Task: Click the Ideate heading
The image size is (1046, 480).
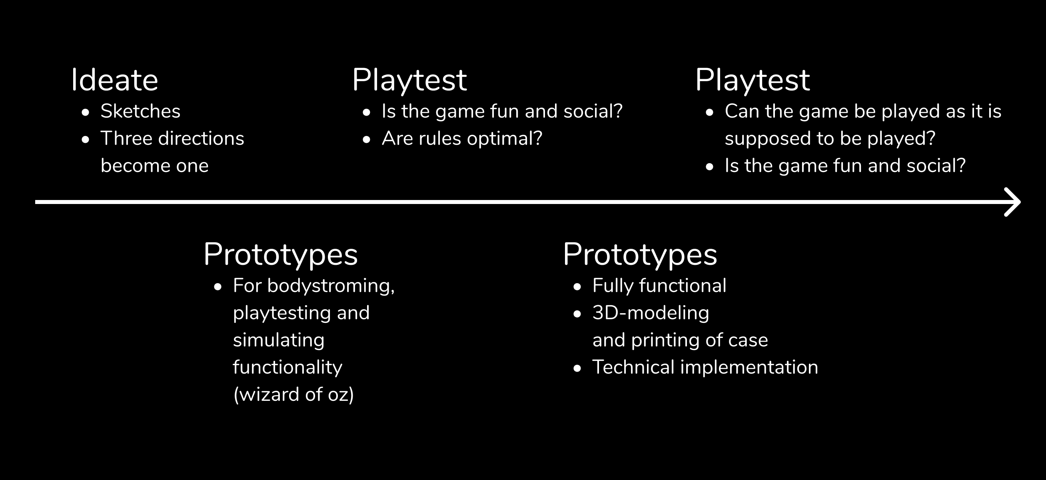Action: [114, 80]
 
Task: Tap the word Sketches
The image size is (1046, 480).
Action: [140, 111]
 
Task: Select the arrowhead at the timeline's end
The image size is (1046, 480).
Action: [1012, 202]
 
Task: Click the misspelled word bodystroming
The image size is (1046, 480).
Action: [331, 286]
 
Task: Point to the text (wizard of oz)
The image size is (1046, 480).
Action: [293, 394]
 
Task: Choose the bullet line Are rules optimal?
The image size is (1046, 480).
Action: [462, 139]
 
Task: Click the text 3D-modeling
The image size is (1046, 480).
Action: [651, 313]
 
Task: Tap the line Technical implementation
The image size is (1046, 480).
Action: [705, 367]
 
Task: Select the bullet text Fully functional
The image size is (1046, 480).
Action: [659, 286]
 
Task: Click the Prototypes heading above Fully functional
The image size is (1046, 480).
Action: [640, 255]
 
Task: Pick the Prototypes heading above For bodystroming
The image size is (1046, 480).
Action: [281, 255]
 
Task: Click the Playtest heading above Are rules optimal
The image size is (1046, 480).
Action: [409, 80]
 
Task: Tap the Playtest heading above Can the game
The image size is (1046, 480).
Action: [753, 80]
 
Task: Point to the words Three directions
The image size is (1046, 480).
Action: [172, 138]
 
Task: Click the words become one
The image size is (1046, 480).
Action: [154, 166]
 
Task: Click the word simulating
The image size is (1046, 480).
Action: [279, 340]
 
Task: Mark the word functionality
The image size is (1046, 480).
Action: [287, 368]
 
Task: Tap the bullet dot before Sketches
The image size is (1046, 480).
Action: [85, 112]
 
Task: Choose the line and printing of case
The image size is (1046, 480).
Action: [680, 340]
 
